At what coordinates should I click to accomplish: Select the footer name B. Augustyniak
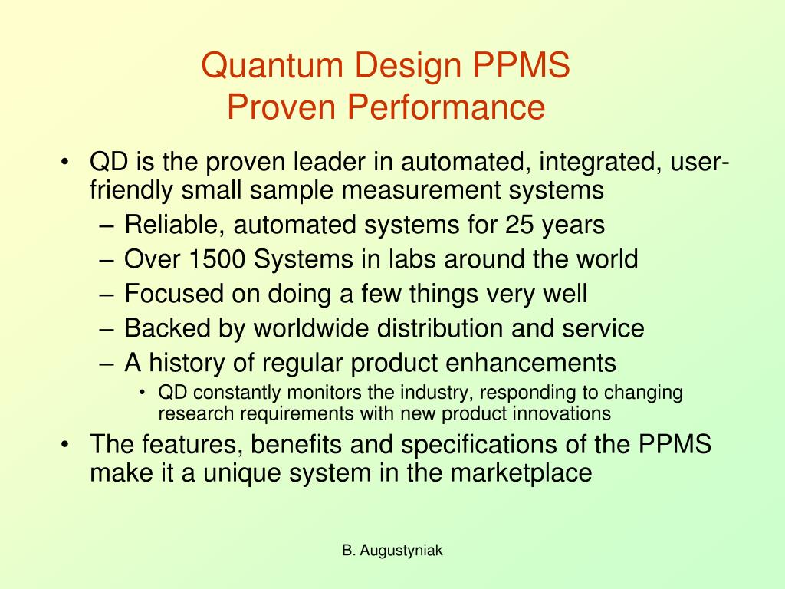(392, 550)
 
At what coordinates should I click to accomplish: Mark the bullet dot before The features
(68, 445)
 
